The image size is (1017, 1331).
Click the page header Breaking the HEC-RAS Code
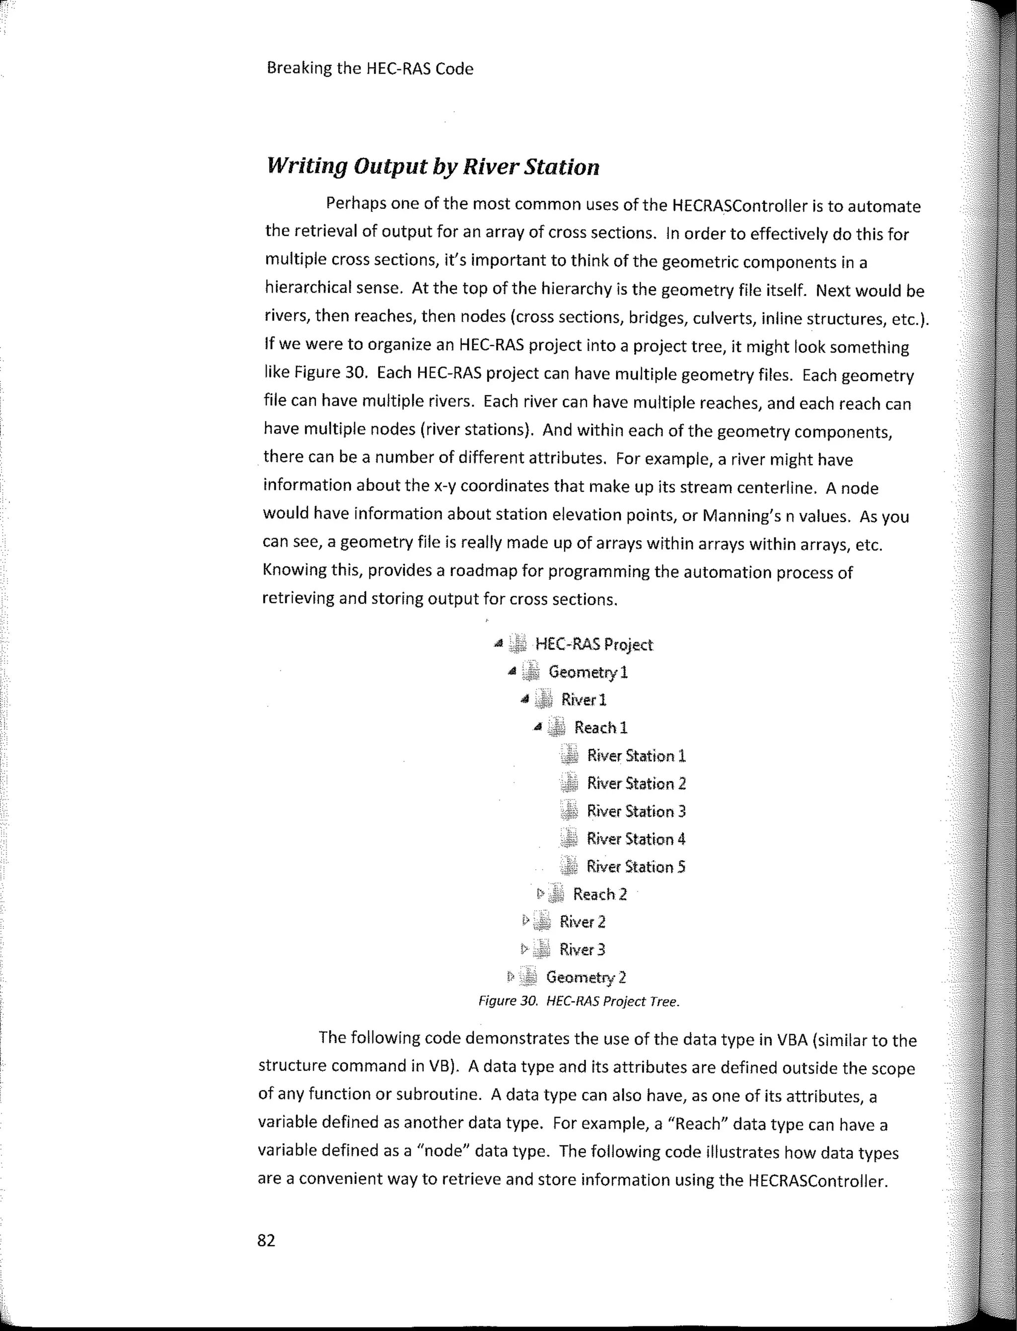370,69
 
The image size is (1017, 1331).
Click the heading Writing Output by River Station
433,166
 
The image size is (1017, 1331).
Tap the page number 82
266,1240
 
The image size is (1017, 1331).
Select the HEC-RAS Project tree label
594,644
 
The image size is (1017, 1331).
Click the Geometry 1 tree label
588,672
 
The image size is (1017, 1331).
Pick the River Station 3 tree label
636,811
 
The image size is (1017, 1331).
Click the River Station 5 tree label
636,867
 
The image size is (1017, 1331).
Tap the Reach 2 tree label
600,894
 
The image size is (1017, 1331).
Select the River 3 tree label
582,950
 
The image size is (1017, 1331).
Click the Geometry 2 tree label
586,977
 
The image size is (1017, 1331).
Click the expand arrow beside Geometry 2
510,977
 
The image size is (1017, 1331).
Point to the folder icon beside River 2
543,922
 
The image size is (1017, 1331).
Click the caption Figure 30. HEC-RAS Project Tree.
580,1002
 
